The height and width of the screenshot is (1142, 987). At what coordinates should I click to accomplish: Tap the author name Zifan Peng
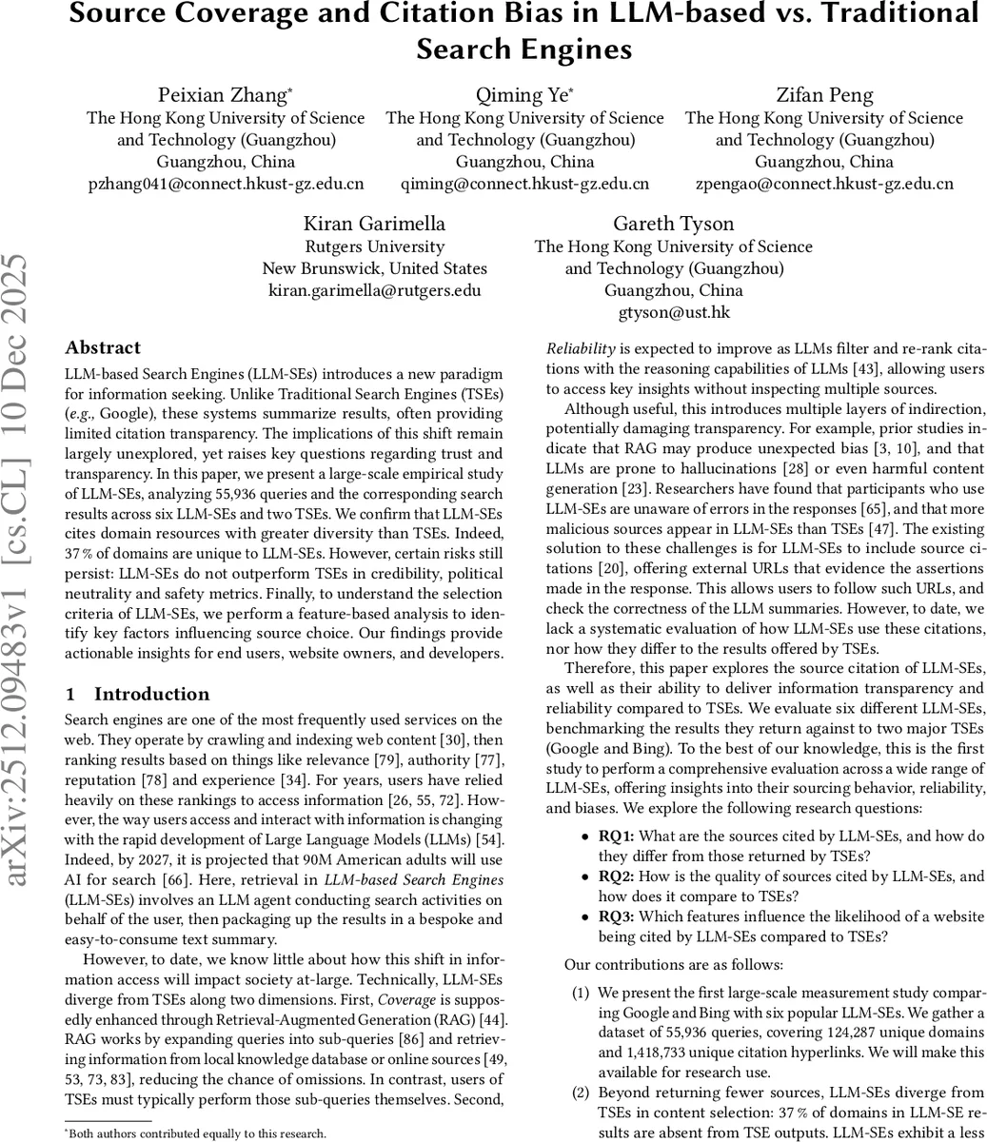coord(823,95)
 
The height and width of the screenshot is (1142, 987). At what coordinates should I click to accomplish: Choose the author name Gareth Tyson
coord(673,224)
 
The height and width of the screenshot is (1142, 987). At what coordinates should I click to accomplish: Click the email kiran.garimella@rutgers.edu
coord(374,290)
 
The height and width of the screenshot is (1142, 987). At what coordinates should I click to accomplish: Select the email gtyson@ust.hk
coord(673,312)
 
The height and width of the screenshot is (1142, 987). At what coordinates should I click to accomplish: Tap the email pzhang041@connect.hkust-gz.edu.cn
coord(226,183)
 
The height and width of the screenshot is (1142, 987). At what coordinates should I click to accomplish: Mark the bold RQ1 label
coord(615,837)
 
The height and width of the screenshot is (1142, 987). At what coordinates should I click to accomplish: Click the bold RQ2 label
coord(615,876)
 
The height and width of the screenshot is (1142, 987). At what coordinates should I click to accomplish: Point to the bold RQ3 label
coord(615,916)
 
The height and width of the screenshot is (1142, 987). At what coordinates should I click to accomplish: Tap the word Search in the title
coord(474,48)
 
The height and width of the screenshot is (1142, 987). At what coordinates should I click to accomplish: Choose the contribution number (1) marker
coord(581,993)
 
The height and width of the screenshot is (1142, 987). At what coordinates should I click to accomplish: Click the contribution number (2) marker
coord(581,1093)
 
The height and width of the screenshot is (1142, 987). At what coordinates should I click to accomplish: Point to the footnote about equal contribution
coord(195,1133)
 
